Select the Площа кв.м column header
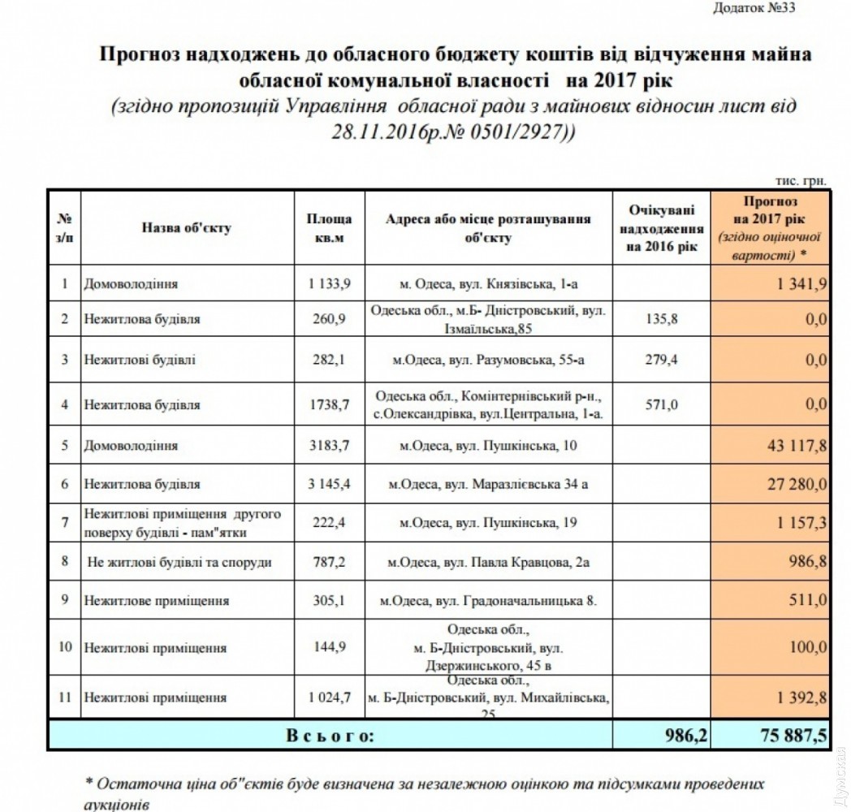[x=329, y=228]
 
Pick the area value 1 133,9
[x=329, y=284]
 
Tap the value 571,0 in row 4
[x=660, y=404]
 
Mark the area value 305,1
[x=329, y=602]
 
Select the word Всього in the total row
[x=330, y=736]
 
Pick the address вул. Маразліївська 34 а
[x=488, y=485]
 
